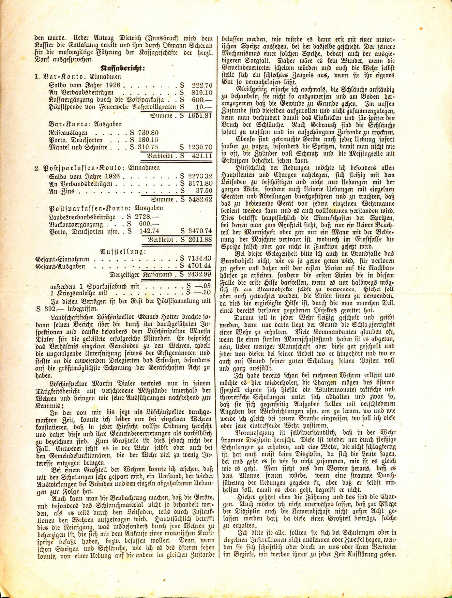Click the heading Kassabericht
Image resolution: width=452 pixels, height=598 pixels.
(123, 68)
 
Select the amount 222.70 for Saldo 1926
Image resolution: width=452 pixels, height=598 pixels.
(202, 85)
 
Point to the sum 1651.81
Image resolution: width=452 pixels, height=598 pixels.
(200, 116)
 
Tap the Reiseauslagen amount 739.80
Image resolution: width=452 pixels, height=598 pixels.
(148, 133)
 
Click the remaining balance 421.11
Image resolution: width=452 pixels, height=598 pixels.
(202, 156)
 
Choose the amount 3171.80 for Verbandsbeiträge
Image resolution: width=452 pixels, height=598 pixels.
(200, 184)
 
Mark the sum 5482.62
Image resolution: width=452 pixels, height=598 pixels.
(200, 199)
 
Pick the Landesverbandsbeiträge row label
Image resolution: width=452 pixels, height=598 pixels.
(82, 217)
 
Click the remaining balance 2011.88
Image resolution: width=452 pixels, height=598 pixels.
(200, 240)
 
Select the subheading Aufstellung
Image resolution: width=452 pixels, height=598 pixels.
(123, 251)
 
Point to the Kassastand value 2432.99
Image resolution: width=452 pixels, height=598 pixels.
(200, 275)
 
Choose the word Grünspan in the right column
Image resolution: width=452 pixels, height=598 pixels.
(234, 161)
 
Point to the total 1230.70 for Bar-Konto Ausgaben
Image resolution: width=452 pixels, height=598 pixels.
(200, 147)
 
